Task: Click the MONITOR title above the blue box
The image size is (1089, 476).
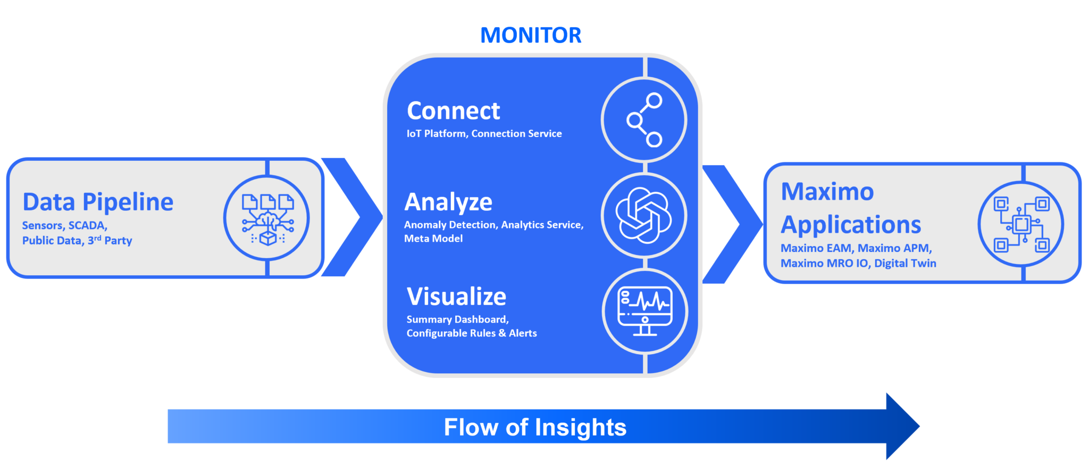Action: point(531,36)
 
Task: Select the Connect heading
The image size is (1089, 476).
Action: point(453,111)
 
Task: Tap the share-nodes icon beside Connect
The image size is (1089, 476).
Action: point(644,120)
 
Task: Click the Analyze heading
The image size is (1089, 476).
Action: point(448,202)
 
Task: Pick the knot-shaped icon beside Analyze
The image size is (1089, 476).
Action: point(643,215)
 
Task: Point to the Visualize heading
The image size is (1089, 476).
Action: point(456,297)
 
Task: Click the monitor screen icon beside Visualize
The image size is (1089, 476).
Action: point(644,311)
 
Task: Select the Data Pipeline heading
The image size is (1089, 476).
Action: point(98,202)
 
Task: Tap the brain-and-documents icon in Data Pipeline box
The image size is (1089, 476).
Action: point(267,218)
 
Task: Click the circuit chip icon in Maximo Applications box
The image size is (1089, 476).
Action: point(1021,224)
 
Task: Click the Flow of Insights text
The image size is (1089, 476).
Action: point(535,427)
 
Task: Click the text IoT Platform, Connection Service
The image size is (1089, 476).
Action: point(484,134)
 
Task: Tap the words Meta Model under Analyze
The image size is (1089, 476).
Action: point(433,239)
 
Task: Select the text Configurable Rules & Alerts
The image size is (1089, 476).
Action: point(472,333)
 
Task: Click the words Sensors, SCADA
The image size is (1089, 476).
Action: point(65,226)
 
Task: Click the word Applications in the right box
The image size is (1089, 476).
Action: point(851,225)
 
